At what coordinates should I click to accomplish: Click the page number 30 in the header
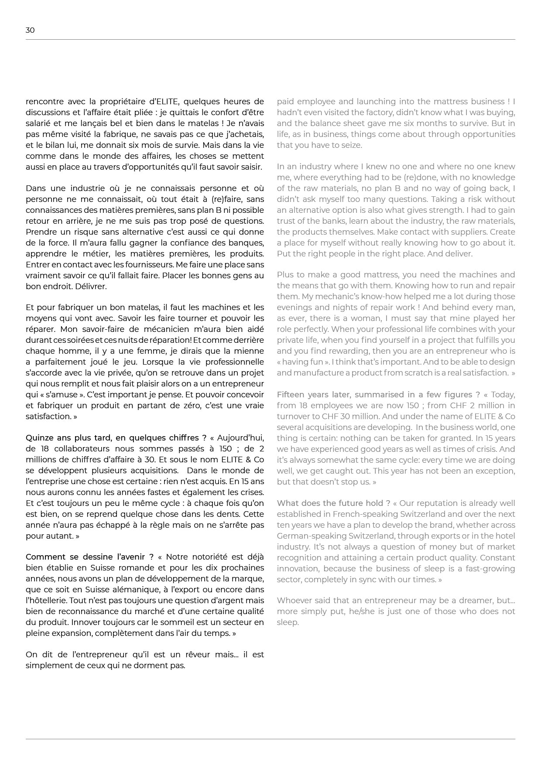[x=30, y=30]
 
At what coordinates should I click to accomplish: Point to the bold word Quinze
[x=38, y=438]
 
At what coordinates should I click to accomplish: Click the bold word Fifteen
[x=292, y=395]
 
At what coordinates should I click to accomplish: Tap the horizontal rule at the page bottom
[x=270, y=739]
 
